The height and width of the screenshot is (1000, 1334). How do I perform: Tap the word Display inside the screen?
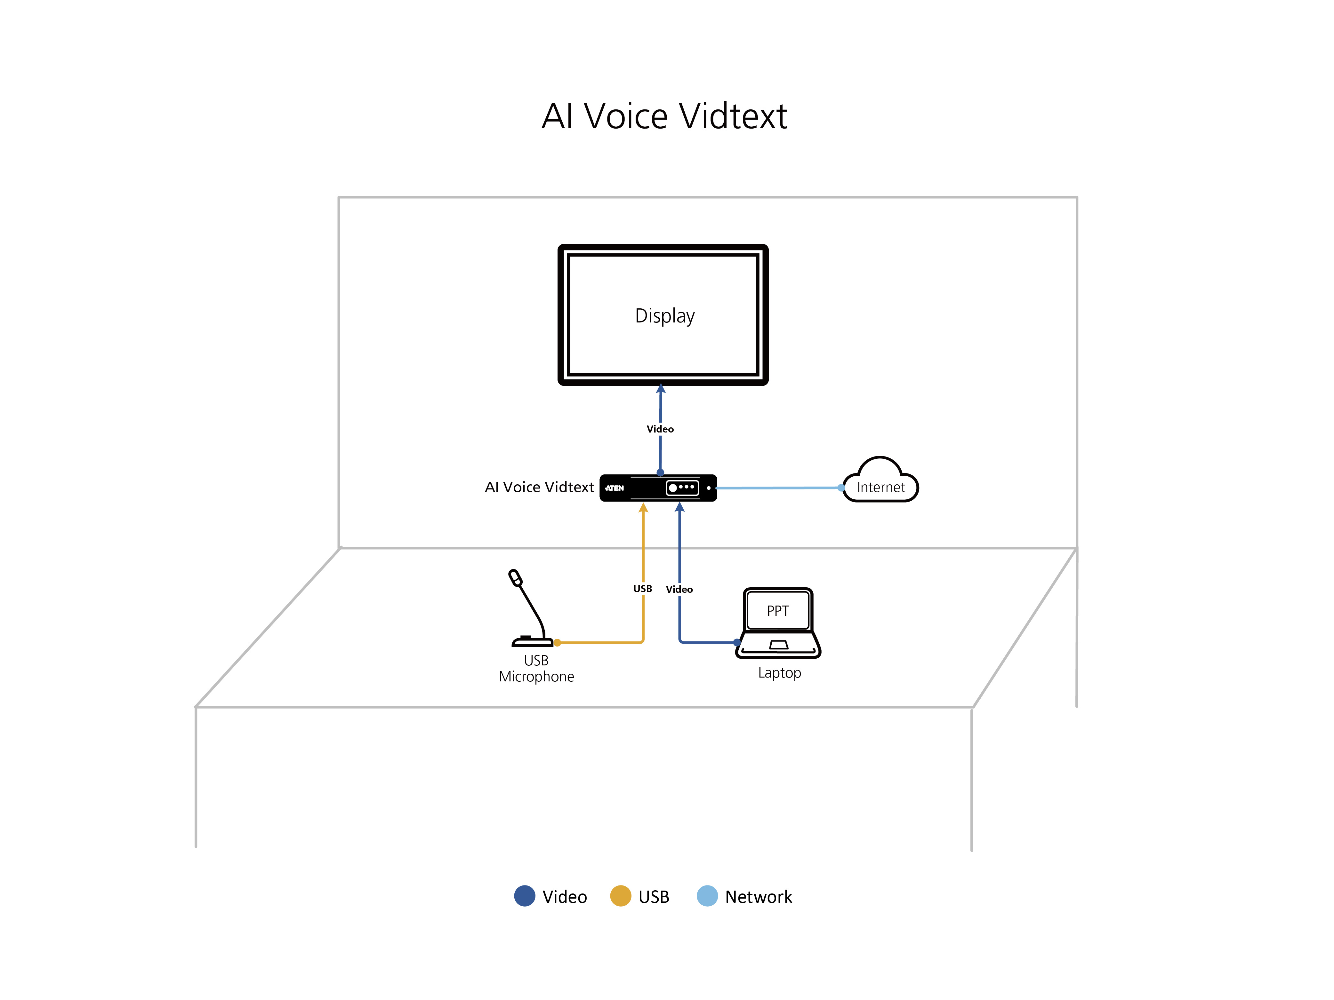[664, 316]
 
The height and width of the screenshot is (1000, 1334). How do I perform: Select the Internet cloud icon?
[880, 479]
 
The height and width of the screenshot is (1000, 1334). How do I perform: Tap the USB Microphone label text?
[536, 669]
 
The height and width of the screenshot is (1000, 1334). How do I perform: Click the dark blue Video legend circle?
[525, 896]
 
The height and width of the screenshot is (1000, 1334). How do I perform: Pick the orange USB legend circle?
[621, 896]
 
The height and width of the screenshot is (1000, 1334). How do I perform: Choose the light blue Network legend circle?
[707, 896]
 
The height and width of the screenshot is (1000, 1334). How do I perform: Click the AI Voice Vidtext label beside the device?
[539, 487]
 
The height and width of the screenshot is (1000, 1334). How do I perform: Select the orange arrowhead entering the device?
[644, 508]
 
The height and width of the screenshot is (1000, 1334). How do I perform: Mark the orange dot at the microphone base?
[557, 643]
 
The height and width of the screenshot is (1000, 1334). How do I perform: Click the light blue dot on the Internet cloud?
[841, 488]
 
